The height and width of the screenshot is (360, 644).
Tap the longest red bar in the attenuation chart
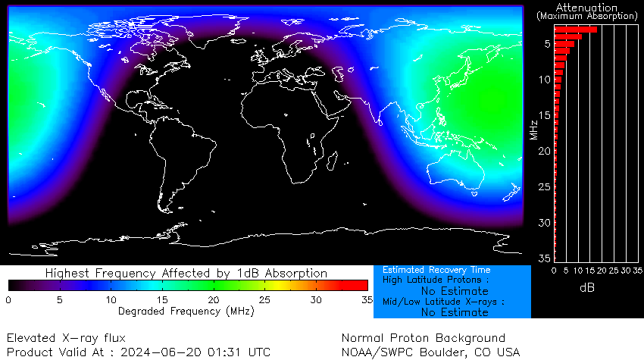[576, 30]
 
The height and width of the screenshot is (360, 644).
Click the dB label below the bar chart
[587, 288]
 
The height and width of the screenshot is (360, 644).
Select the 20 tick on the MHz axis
[543, 151]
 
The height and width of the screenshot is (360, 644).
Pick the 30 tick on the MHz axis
[543, 223]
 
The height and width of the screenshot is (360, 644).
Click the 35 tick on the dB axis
[637, 270]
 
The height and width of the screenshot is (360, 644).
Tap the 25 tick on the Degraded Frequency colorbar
[264, 300]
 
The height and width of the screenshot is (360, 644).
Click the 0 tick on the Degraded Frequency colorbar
[8, 300]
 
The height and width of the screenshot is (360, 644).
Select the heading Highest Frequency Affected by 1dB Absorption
[186, 273]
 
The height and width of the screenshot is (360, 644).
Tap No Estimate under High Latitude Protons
[455, 291]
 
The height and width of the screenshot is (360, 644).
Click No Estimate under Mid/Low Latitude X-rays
[455, 312]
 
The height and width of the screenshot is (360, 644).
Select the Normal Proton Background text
[423, 338]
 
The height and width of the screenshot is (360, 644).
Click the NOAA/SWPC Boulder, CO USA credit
[430, 352]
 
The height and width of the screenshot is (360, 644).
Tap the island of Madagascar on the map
[331, 156]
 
